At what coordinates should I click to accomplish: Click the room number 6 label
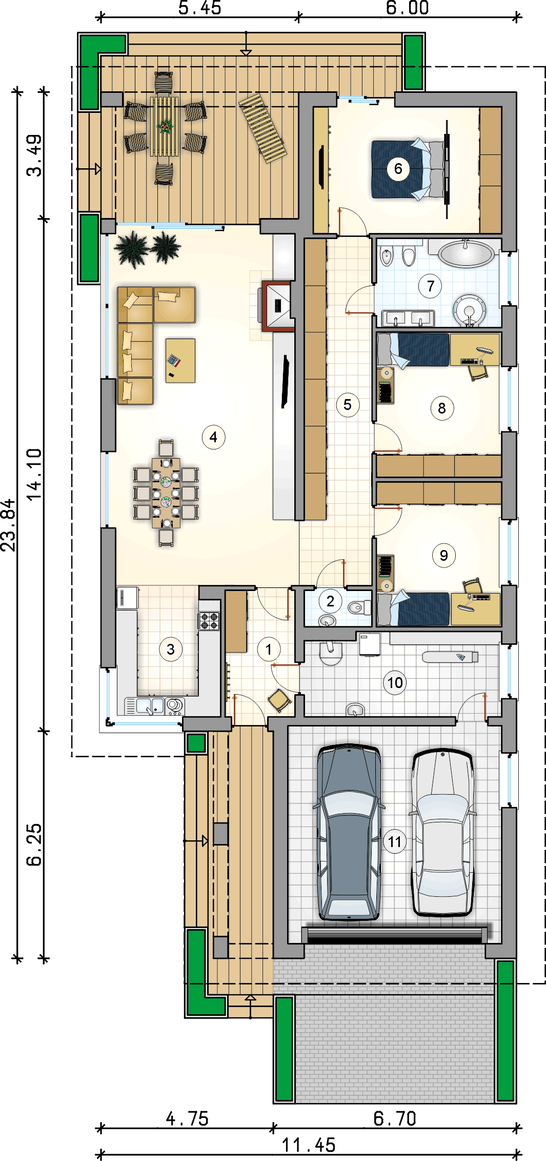pyautogui.click(x=398, y=169)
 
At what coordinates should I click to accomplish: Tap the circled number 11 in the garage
pyautogui.click(x=395, y=842)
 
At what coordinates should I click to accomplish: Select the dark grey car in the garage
pyautogui.click(x=349, y=832)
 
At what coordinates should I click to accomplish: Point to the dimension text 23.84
pyautogui.click(x=8, y=525)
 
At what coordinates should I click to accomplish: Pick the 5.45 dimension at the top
pyautogui.click(x=200, y=8)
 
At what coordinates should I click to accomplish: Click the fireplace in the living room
pyautogui.click(x=277, y=306)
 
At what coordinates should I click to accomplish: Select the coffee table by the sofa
pyautogui.click(x=180, y=360)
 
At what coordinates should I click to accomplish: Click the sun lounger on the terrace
pyautogui.click(x=263, y=128)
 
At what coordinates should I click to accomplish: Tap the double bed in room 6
pyautogui.click(x=408, y=169)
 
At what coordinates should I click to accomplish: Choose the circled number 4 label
pyautogui.click(x=213, y=437)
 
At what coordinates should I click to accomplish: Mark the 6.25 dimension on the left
pyautogui.click(x=34, y=844)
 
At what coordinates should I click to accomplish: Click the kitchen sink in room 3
pyautogui.click(x=151, y=706)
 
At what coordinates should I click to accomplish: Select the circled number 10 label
pyautogui.click(x=395, y=683)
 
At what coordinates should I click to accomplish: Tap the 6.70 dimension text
pyautogui.click(x=395, y=1118)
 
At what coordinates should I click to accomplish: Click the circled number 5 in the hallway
pyautogui.click(x=348, y=405)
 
